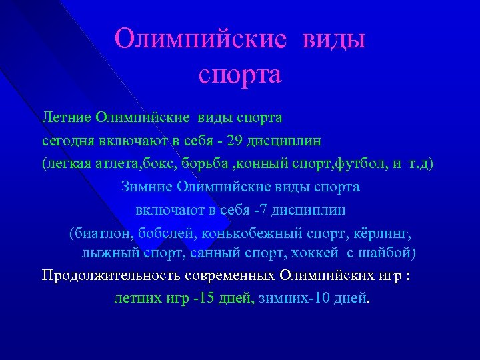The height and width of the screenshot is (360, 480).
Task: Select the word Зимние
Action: click(x=147, y=187)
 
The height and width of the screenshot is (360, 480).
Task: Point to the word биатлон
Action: click(x=101, y=234)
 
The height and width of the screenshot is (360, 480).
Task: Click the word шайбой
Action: click(x=391, y=253)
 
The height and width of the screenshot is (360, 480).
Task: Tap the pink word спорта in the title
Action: click(x=240, y=74)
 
